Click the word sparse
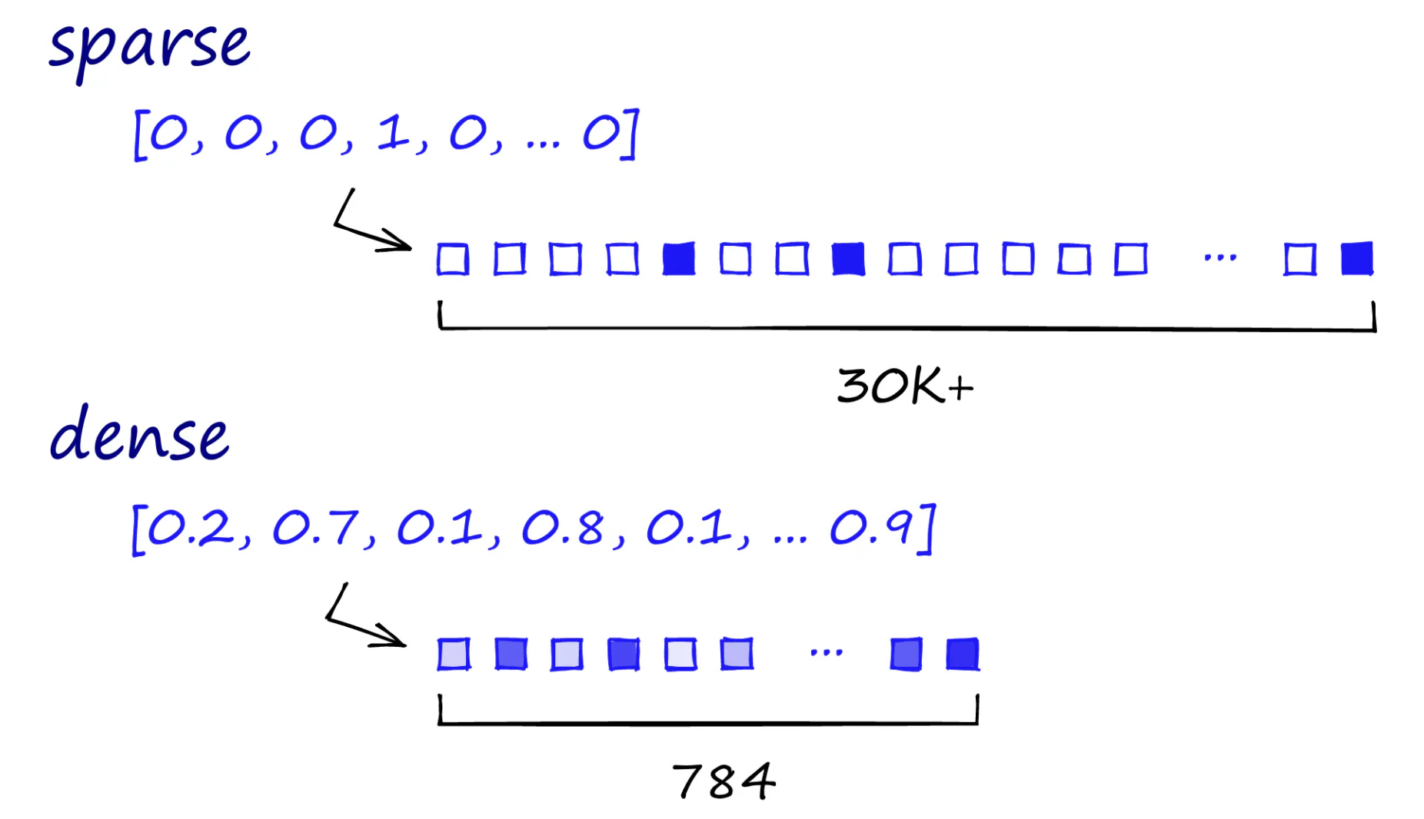pyautogui.click(x=150, y=46)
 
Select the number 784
pyautogui.click(x=724, y=781)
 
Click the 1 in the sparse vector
pyautogui.click(x=393, y=133)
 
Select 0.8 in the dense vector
pyautogui.click(x=563, y=528)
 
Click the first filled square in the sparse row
pyautogui.click(x=679, y=259)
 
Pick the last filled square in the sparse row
pyautogui.click(x=1357, y=259)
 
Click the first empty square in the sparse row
pyautogui.click(x=453, y=259)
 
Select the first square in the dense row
pyautogui.click(x=454, y=655)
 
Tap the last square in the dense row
pyautogui.click(x=963, y=655)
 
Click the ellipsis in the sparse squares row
pyautogui.click(x=1220, y=258)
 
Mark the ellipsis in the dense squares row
pyautogui.click(x=827, y=653)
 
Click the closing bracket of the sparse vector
pyautogui.click(x=630, y=134)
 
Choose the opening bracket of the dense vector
pyautogui.click(x=138, y=529)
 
